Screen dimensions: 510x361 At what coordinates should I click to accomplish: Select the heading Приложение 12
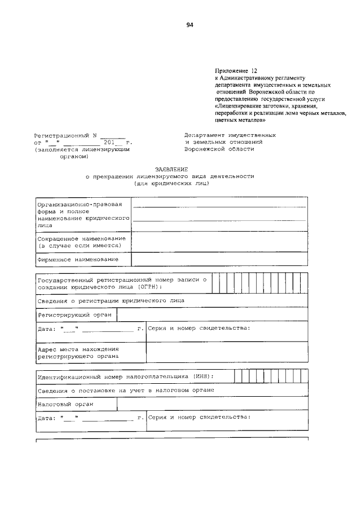(x=236, y=71)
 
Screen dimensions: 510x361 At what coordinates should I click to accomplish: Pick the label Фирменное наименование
(x=78, y=259)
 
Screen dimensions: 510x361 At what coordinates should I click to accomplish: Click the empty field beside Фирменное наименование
(x=219, y=259)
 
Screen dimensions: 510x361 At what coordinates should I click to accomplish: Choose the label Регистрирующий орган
(x=74, y=314)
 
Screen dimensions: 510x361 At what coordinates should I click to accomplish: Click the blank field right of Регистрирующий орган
(x=212, y=314)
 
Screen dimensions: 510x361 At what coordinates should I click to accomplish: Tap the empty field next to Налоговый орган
(x=212, y=404)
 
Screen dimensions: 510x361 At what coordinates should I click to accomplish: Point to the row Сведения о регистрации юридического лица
(x=111, y=301)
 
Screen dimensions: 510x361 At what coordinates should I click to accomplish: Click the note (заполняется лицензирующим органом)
(x=82, y=153)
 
